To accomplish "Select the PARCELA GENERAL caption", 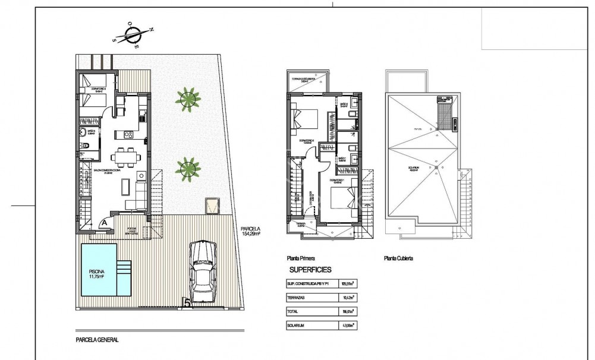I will point(97,340).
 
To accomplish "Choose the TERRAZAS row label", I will point(299,298).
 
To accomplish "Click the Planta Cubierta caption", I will point(398,259).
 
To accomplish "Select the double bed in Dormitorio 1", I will point(341,195).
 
